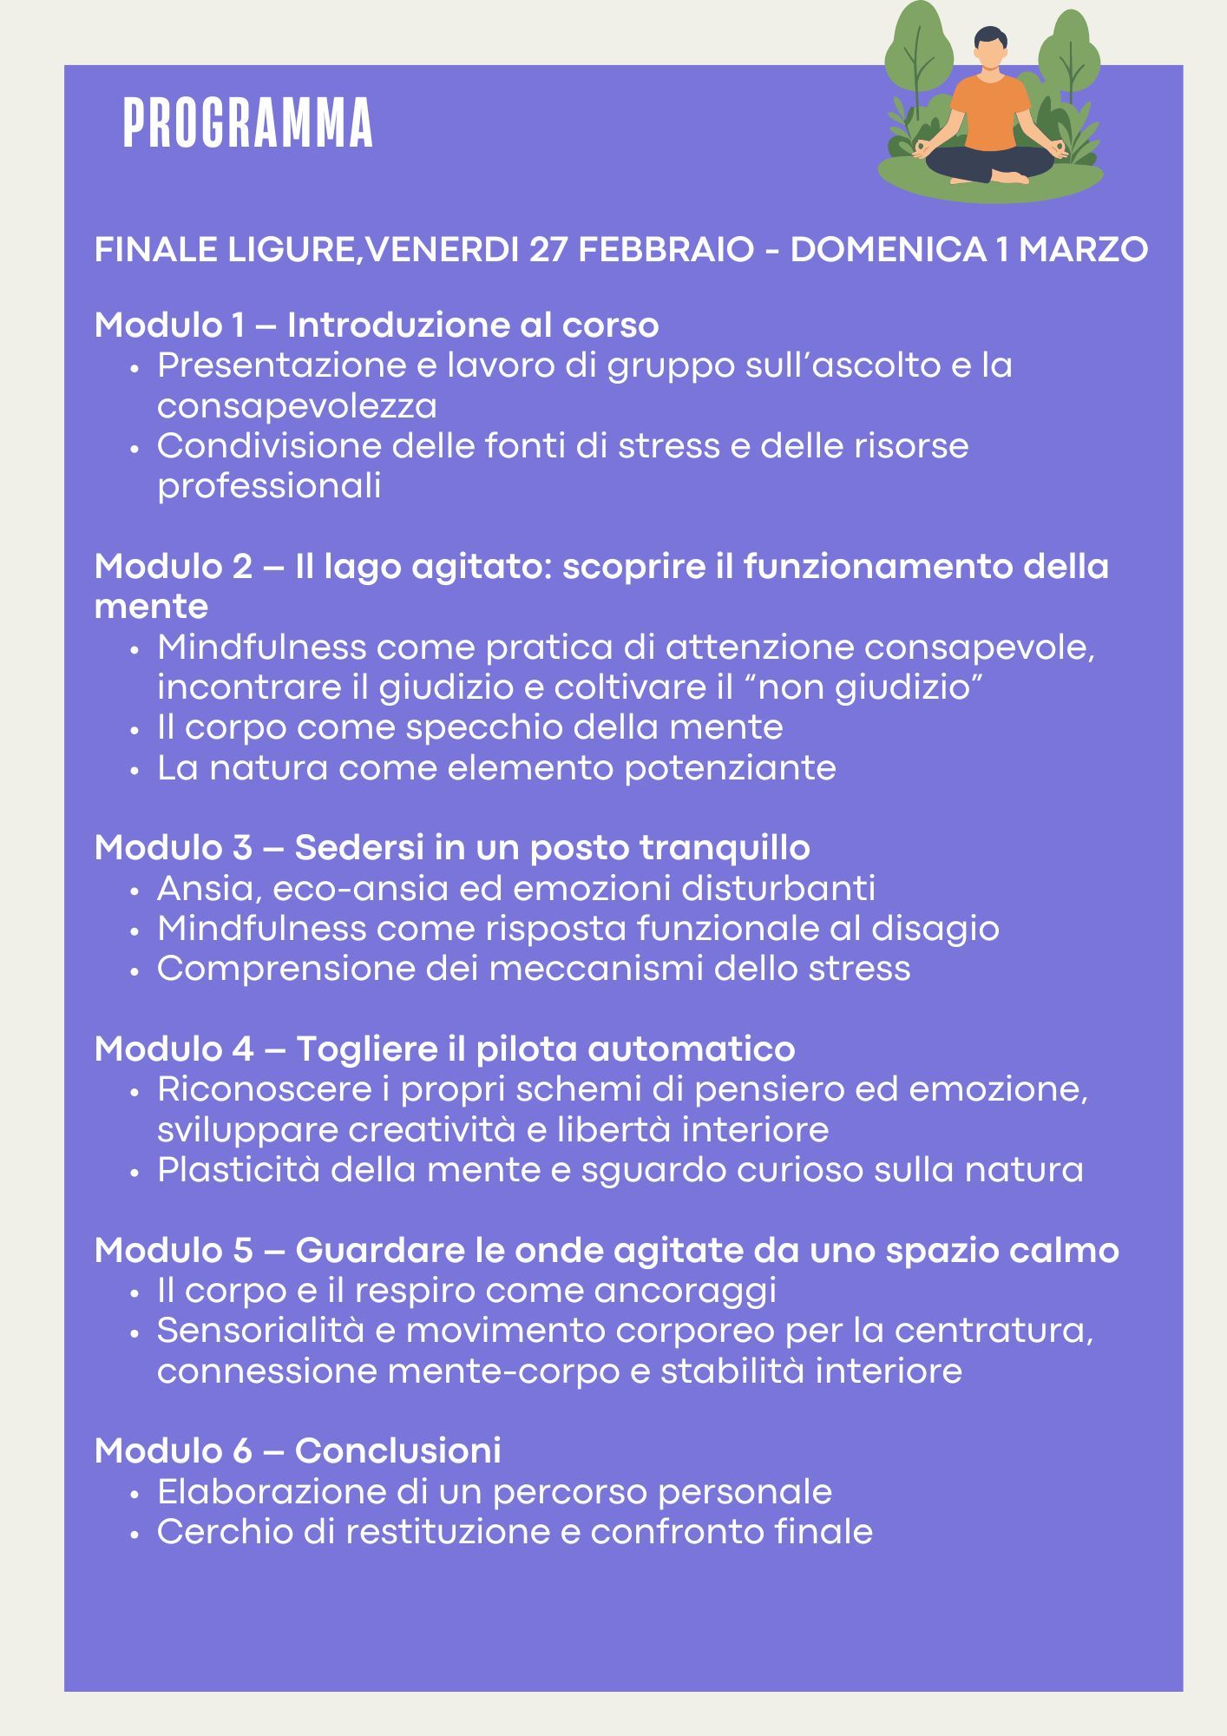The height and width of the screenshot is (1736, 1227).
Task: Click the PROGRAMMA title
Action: pyautogui.click(x=248, y=124)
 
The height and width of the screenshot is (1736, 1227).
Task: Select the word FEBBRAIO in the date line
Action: pyautogui.click(x=666, y=250)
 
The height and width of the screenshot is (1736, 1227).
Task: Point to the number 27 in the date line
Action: pyautogui.click(x=548, y=250)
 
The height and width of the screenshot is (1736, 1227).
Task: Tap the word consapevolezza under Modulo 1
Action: pyautogui.click(x=297, y=406)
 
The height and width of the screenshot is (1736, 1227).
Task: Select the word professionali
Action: pyautogui.click(x=269, y=486)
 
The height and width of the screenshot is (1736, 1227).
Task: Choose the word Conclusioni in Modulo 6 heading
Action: pyautogui.click(x=397, y=1451)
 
